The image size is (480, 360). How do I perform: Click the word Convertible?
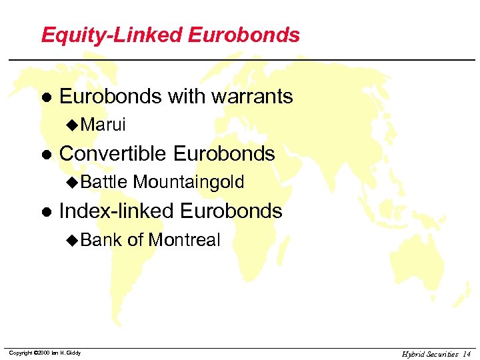click(x=113, y=154)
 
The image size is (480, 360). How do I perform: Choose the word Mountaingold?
click(x=189, y=182)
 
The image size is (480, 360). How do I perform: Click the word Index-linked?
click(x=117, y=211)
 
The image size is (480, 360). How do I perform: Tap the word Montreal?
click(x=183, y=240)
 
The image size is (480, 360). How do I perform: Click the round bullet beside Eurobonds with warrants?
click(x=45, y=97)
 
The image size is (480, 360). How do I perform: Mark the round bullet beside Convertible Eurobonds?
click(x=45, y=155)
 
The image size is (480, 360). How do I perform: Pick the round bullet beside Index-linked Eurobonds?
click(x=45, y=212)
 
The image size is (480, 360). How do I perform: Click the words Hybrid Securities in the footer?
click(x=430, y=353)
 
